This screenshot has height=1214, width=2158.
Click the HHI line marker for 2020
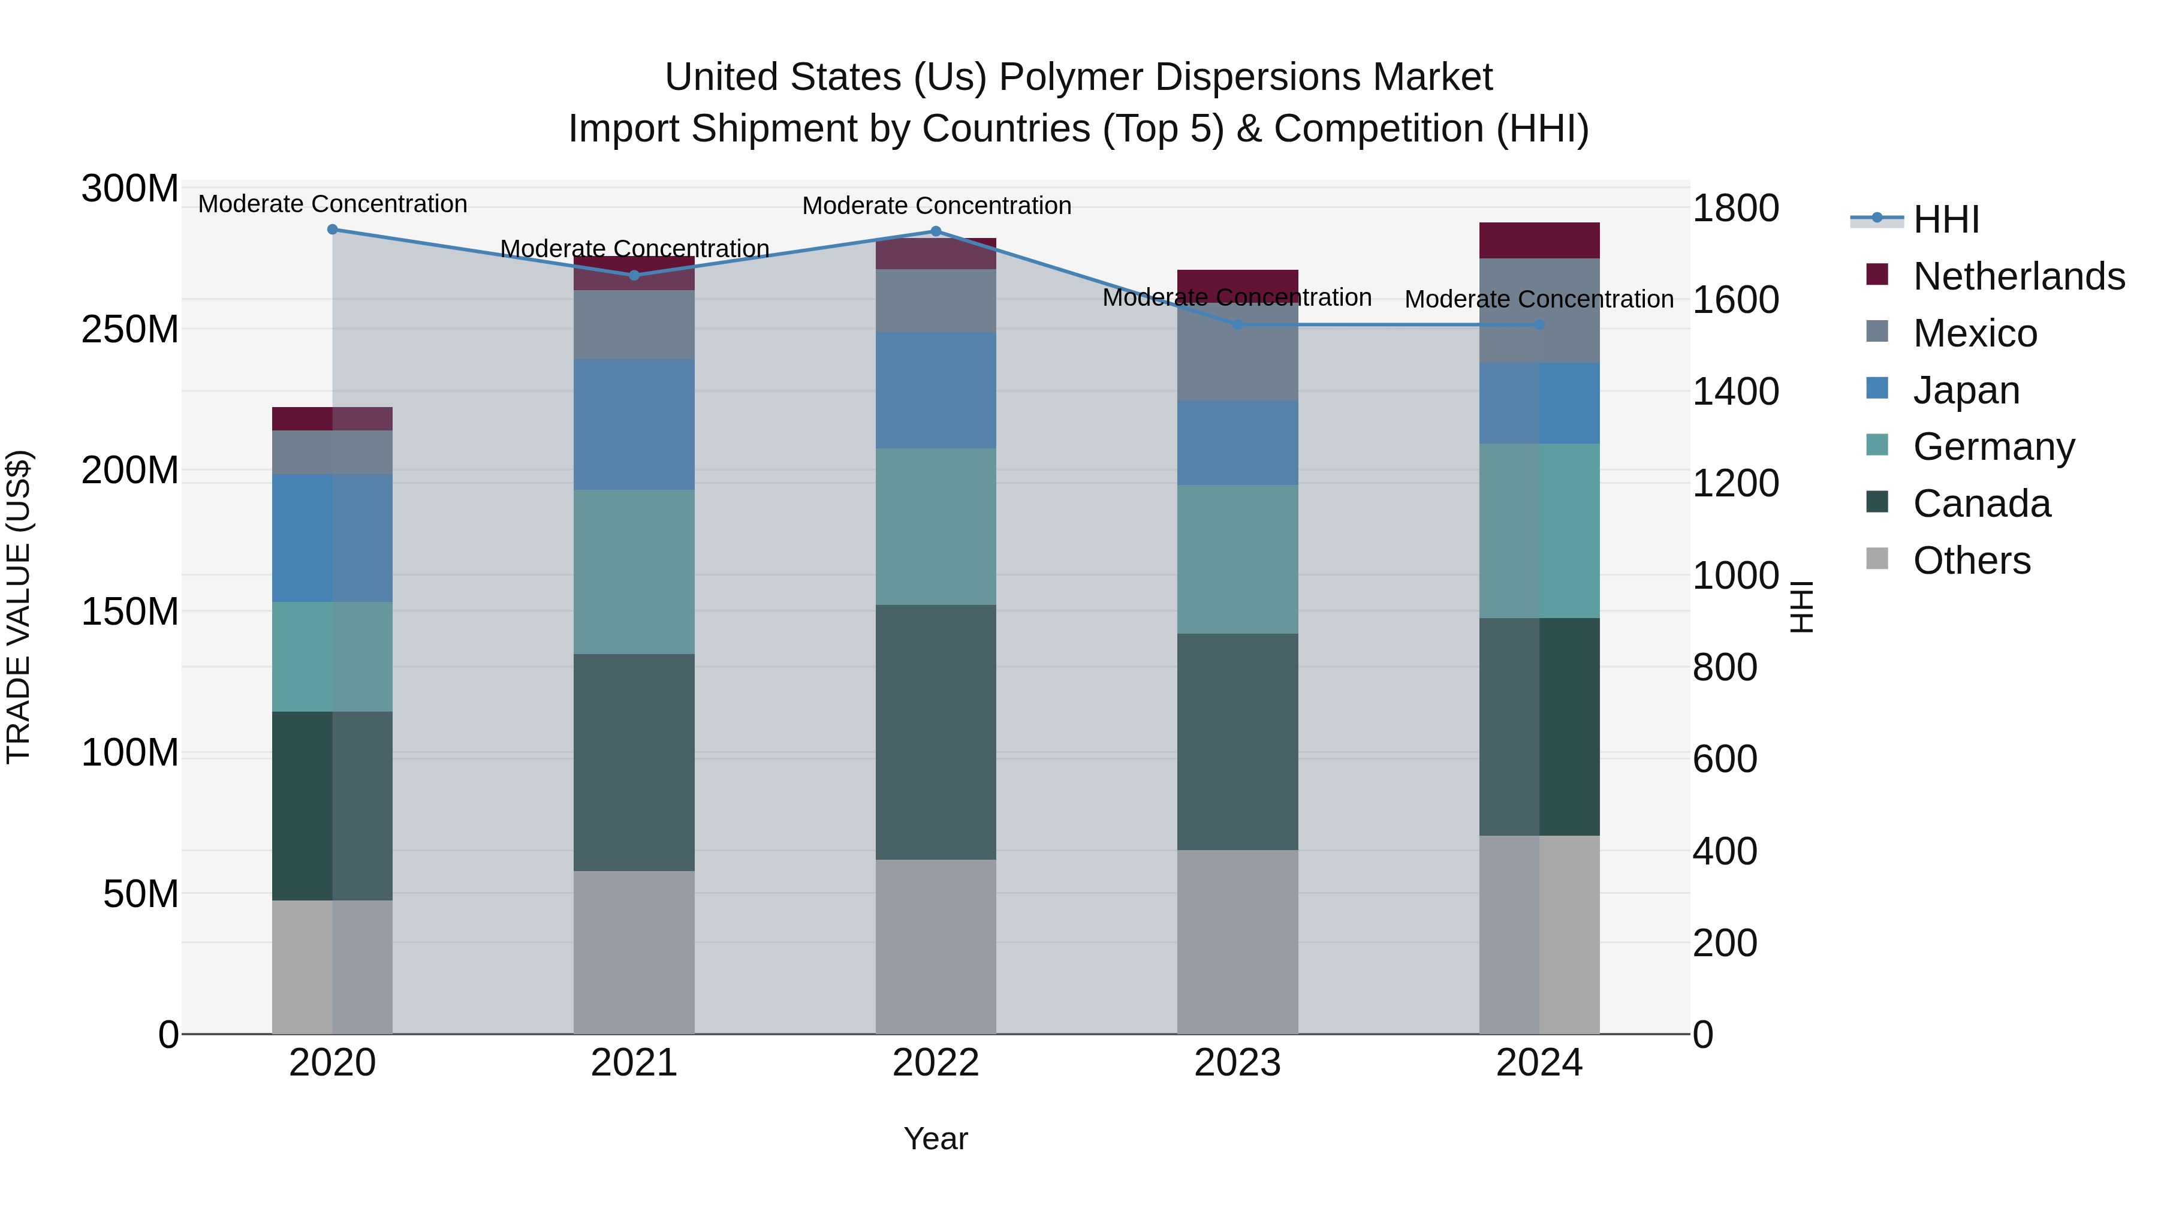333,230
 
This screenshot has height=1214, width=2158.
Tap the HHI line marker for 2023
1237,324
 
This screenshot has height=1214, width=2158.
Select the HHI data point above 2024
1539,325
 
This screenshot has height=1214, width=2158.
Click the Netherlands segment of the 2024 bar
1539,240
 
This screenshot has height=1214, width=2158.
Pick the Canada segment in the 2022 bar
936,731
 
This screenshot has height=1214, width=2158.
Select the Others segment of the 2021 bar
634,952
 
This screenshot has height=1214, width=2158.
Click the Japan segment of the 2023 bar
1237,442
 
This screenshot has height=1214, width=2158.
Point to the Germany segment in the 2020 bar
333,657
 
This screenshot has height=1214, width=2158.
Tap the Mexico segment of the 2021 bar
634,325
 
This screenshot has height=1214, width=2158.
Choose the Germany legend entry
1994,447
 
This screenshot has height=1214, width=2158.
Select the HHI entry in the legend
1946,219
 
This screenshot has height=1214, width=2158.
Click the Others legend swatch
1877,559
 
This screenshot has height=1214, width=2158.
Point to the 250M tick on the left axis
130,329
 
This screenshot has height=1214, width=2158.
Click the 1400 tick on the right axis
1735,391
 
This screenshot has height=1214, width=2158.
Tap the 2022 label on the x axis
936,1063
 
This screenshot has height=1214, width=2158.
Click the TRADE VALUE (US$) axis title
19,607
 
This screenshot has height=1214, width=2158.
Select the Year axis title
936,1138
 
